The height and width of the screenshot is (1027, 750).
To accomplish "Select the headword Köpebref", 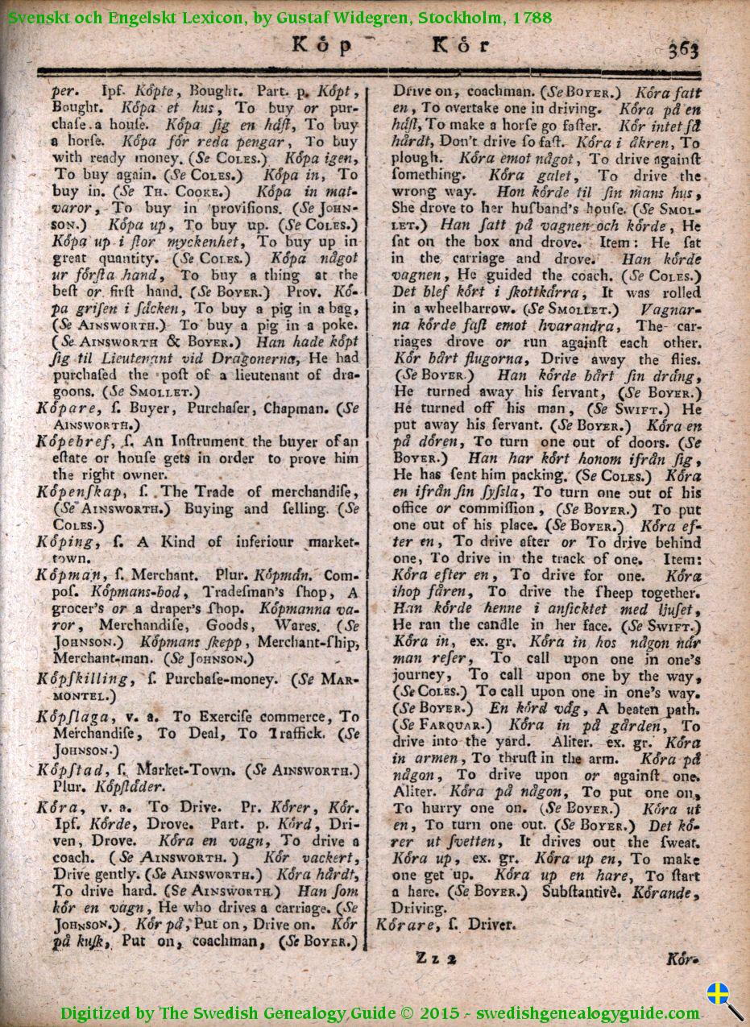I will (x=71, y=441).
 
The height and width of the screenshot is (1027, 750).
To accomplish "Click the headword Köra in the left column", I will (x=57, y=806).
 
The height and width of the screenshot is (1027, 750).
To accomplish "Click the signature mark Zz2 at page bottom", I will (x=437, y=958).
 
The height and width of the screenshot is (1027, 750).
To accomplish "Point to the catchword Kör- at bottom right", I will (x=682, y=959).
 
